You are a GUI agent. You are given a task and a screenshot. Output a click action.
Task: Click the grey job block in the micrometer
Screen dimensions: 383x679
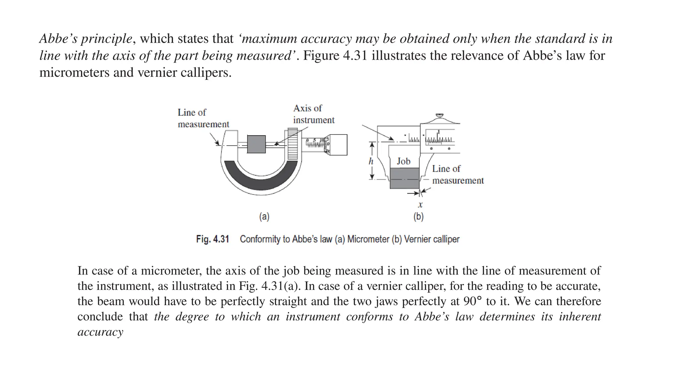click(x=256, y=144)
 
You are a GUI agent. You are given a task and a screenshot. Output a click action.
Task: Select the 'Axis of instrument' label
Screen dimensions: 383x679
click(x=313, y=114)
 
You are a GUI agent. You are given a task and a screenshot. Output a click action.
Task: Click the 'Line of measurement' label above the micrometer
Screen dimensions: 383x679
click(x=203, y=118)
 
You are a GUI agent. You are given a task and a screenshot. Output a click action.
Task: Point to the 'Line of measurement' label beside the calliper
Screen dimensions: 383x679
click(x=458, y=174)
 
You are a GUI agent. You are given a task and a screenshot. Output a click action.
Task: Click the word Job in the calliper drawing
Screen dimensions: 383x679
click(x=403, y=161)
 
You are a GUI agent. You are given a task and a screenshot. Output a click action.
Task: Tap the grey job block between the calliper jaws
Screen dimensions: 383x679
click(x=404, y=178)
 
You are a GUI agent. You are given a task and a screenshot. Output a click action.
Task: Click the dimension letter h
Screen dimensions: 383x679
click(x=371, y=161)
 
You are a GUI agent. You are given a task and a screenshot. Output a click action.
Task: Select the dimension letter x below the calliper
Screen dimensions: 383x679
click(x=420, y=205)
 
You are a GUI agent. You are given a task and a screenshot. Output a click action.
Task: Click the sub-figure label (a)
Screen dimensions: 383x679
click(x=264, y=217)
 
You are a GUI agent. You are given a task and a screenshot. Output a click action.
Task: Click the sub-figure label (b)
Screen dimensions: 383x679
click(x=418, y=217)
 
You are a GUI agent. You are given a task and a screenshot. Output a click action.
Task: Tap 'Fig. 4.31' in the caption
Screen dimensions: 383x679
click(x=213, y=239)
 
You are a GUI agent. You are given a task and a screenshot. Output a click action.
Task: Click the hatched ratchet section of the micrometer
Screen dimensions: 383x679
click(x=292, y=144)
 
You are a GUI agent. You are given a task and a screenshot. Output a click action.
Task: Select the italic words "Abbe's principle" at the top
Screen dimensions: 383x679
click(x=86, y=39)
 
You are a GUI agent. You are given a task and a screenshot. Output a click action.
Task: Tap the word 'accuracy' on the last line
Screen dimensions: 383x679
click(x=100, y=332)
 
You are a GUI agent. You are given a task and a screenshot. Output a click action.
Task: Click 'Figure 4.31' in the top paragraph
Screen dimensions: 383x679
click(x=335, y=55)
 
